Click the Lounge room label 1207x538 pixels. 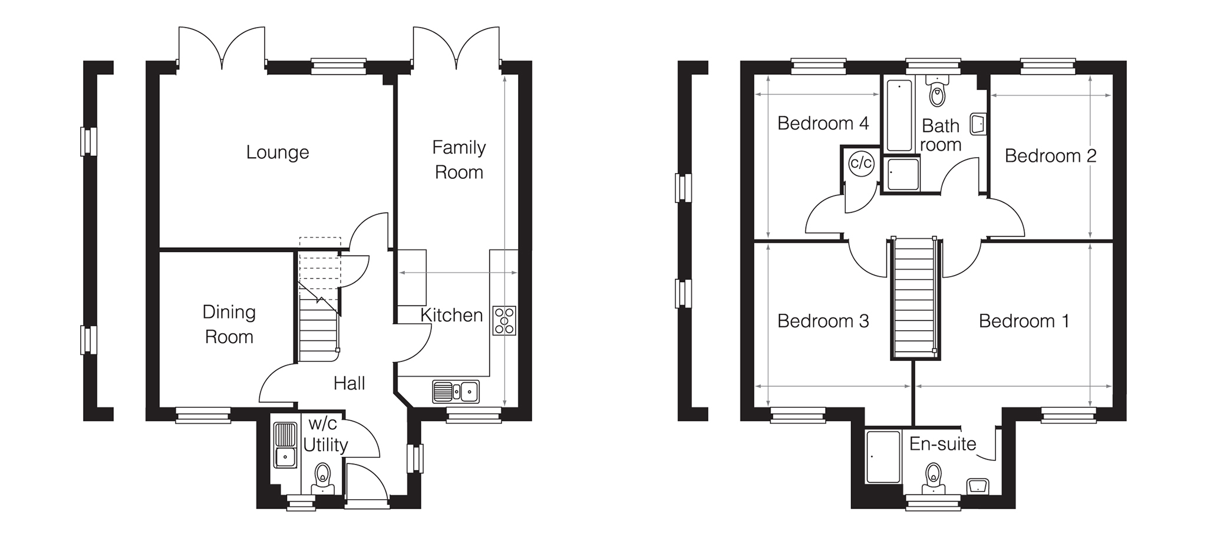tap(278, 152)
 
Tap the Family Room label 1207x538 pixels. tap(459, 160)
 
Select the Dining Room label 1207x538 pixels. tap(229, 324)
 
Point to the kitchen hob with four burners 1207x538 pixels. tap(504, 321)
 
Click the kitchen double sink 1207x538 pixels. tap(456, 391)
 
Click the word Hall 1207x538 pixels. tap(349, 383)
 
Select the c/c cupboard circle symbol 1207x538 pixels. tap(861, 162)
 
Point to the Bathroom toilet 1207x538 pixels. tap(936, 91)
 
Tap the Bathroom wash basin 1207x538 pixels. tap(978, 124)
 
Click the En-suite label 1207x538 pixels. tap(942, 444)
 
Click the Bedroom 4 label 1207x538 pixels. tap(823, 123)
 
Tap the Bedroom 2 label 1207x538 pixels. tap(1050, 156)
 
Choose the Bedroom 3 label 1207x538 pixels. tap(823, 321)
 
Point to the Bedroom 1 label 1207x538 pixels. tap(1024, 321)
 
